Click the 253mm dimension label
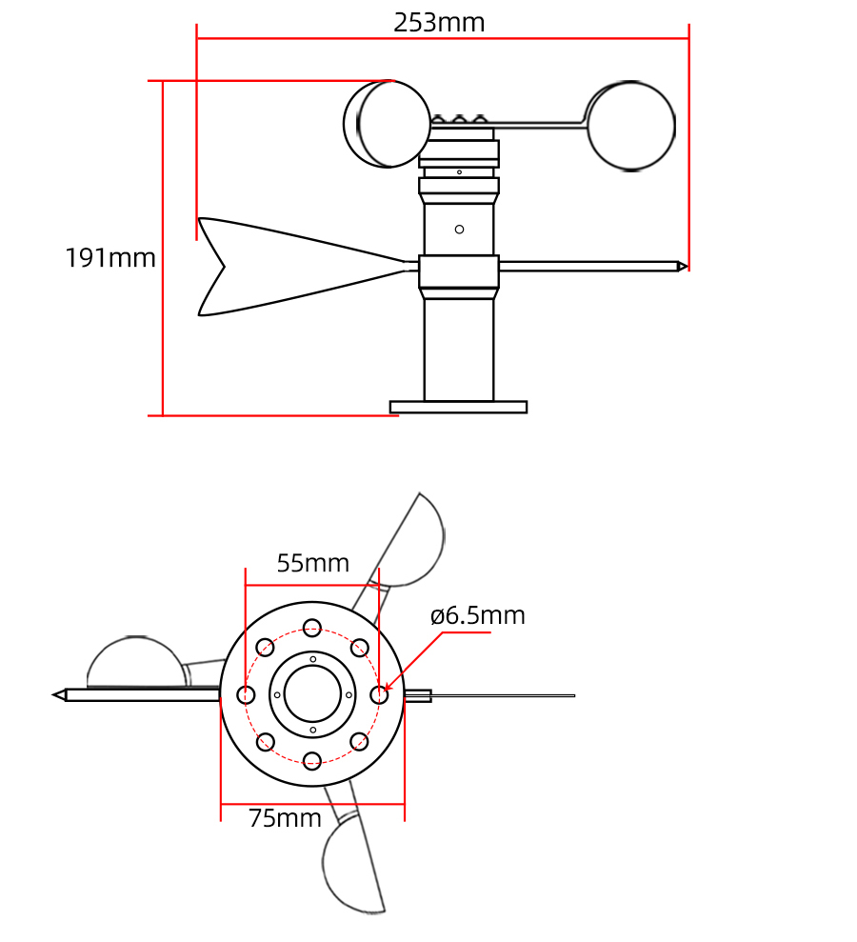(439, 23)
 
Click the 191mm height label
(110, 258)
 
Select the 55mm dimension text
(312, 564)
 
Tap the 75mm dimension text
(285, 818)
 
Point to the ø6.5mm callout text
(477, 616)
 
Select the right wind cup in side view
(630, 127)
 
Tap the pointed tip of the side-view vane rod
(682, 266)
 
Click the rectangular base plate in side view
(458, 407)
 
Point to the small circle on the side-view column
(459, 230)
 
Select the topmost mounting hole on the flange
(312, 628)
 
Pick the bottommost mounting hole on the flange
(312, 760)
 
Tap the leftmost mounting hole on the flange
(247, 695)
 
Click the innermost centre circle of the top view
(312, 694)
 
